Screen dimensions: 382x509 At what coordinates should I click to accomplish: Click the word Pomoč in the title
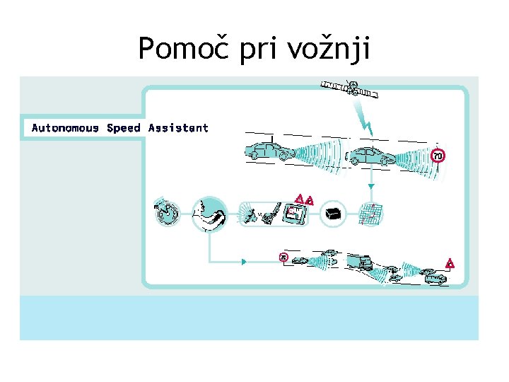click(174, 48)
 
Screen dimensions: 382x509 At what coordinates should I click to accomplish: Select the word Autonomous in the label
click(65, 128)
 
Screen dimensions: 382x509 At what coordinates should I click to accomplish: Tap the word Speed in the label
click(124, 128)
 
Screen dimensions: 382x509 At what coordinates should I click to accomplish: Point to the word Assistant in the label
click(178, 128)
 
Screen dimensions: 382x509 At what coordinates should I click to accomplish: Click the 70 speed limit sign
click(438, 155)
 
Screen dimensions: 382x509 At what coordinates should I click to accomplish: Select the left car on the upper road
click(269, 151)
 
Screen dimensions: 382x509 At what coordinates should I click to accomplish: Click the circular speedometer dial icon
click(168, 212)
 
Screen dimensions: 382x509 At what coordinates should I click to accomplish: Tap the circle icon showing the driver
click(209, 212)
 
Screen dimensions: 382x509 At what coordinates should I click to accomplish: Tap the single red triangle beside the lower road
click(449, 264)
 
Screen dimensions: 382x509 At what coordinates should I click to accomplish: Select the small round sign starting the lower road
click(283, 257)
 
